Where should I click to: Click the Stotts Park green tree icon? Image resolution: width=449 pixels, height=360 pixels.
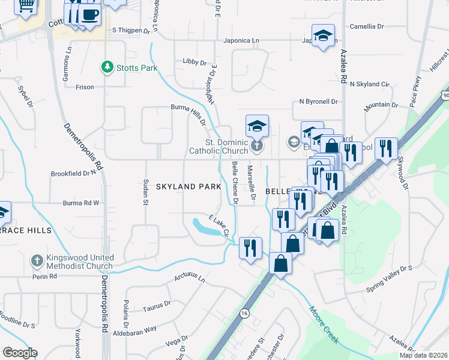(107, 67)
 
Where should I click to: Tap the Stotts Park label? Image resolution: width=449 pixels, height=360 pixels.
(137, 68)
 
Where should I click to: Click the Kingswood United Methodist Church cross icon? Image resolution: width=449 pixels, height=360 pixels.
(37, 261)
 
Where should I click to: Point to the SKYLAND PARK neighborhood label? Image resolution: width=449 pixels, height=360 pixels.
(188, 187)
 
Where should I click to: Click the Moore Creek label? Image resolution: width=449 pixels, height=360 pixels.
(324, 325)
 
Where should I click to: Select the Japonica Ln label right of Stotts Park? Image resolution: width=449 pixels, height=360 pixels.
(239, 41)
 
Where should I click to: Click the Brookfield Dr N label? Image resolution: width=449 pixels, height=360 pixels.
(74, 173)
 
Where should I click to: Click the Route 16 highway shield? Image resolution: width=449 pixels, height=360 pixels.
(244, 313)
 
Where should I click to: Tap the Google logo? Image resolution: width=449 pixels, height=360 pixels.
(20, 353)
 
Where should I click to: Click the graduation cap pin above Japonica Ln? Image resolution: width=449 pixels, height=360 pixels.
(322, 35)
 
